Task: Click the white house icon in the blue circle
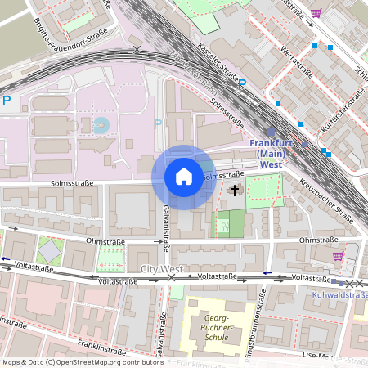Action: click(183, 177)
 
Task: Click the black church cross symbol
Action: click(236, 191)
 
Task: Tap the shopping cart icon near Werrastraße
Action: click(315, 12)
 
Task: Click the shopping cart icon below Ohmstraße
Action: click(338, 256)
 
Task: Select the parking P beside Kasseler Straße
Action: click(241, 83)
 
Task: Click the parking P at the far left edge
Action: click(7, 101)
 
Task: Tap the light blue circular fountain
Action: click(101, 125)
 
